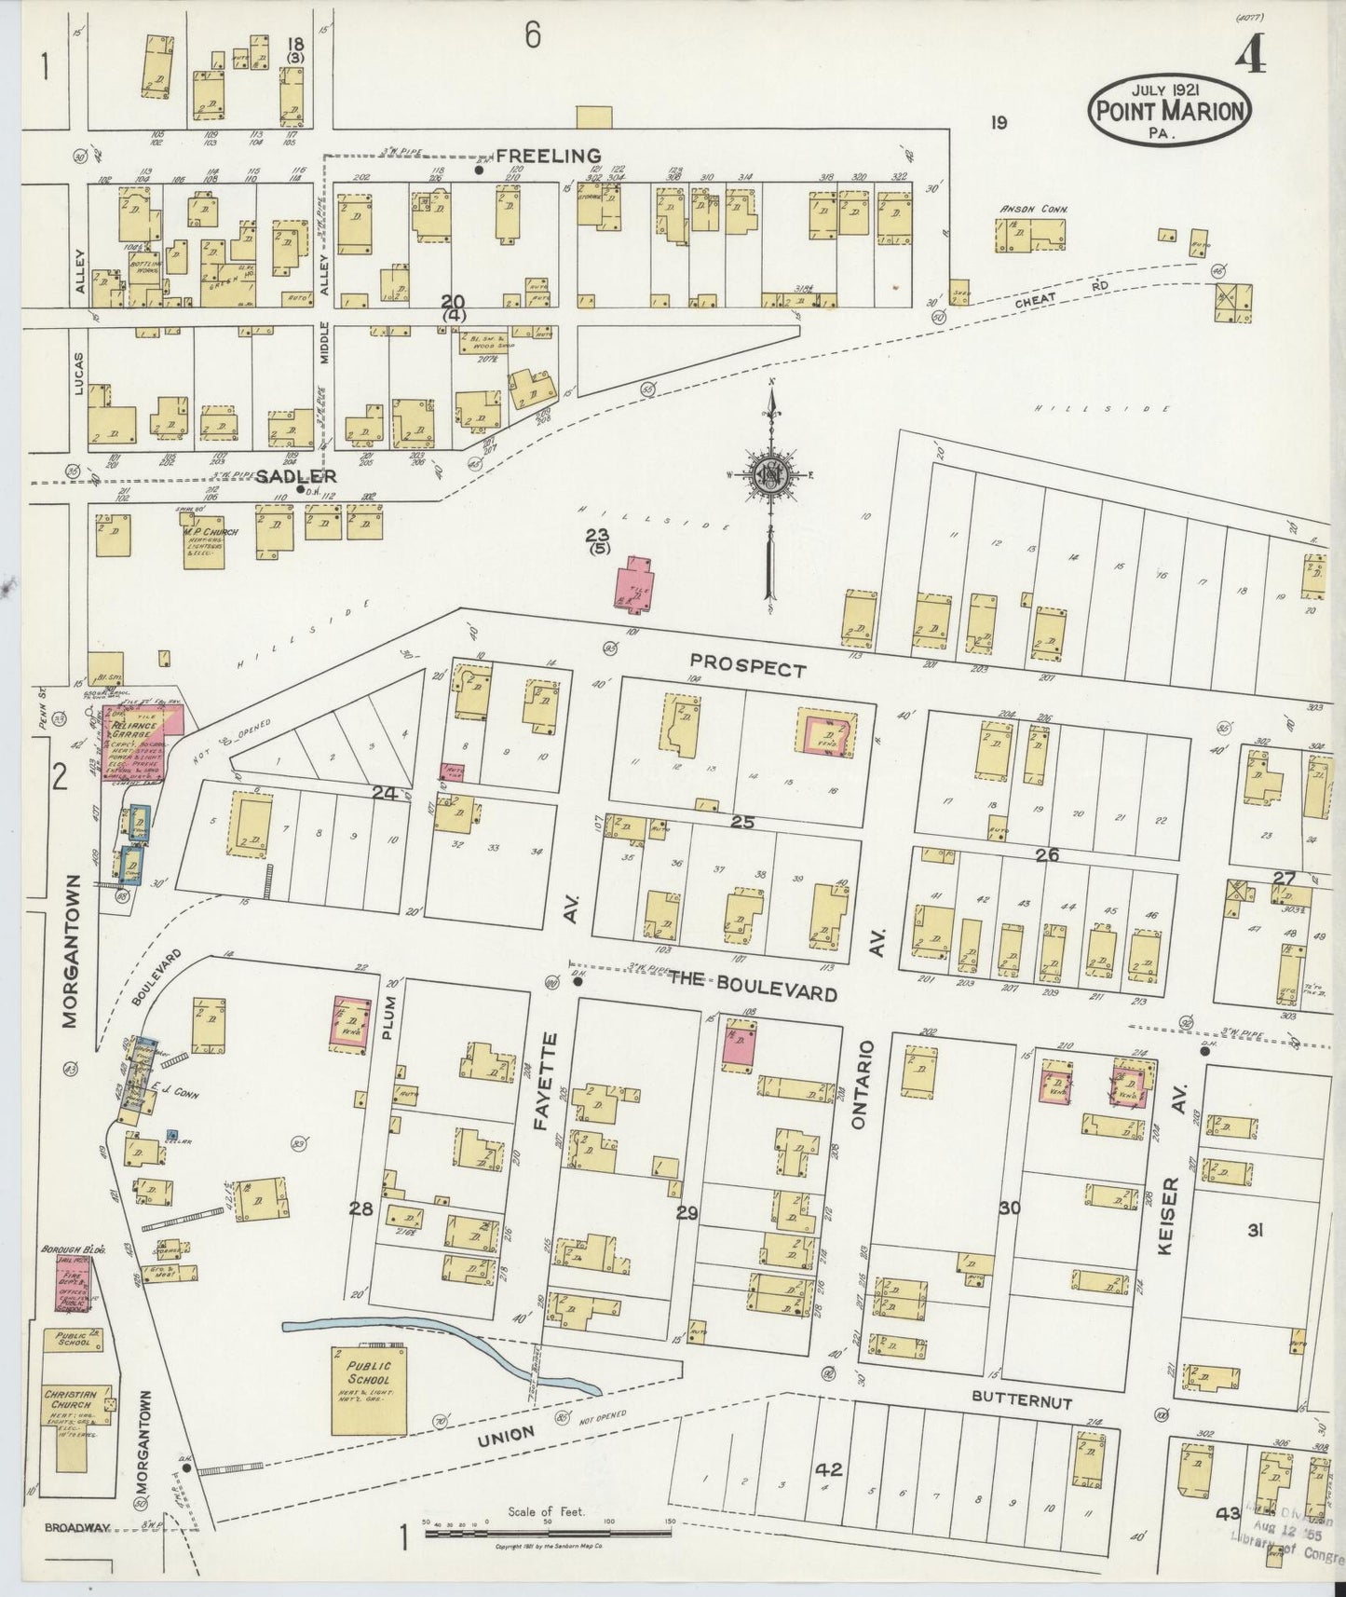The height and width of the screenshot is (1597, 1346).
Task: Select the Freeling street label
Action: click(x=548, y=156)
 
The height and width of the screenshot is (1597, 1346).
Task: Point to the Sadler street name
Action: click(x=282, y=475)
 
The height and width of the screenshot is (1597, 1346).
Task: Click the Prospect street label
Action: click(x=748, y=669)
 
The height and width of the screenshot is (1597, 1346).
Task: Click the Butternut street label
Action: click(x=1021, y=1400)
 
